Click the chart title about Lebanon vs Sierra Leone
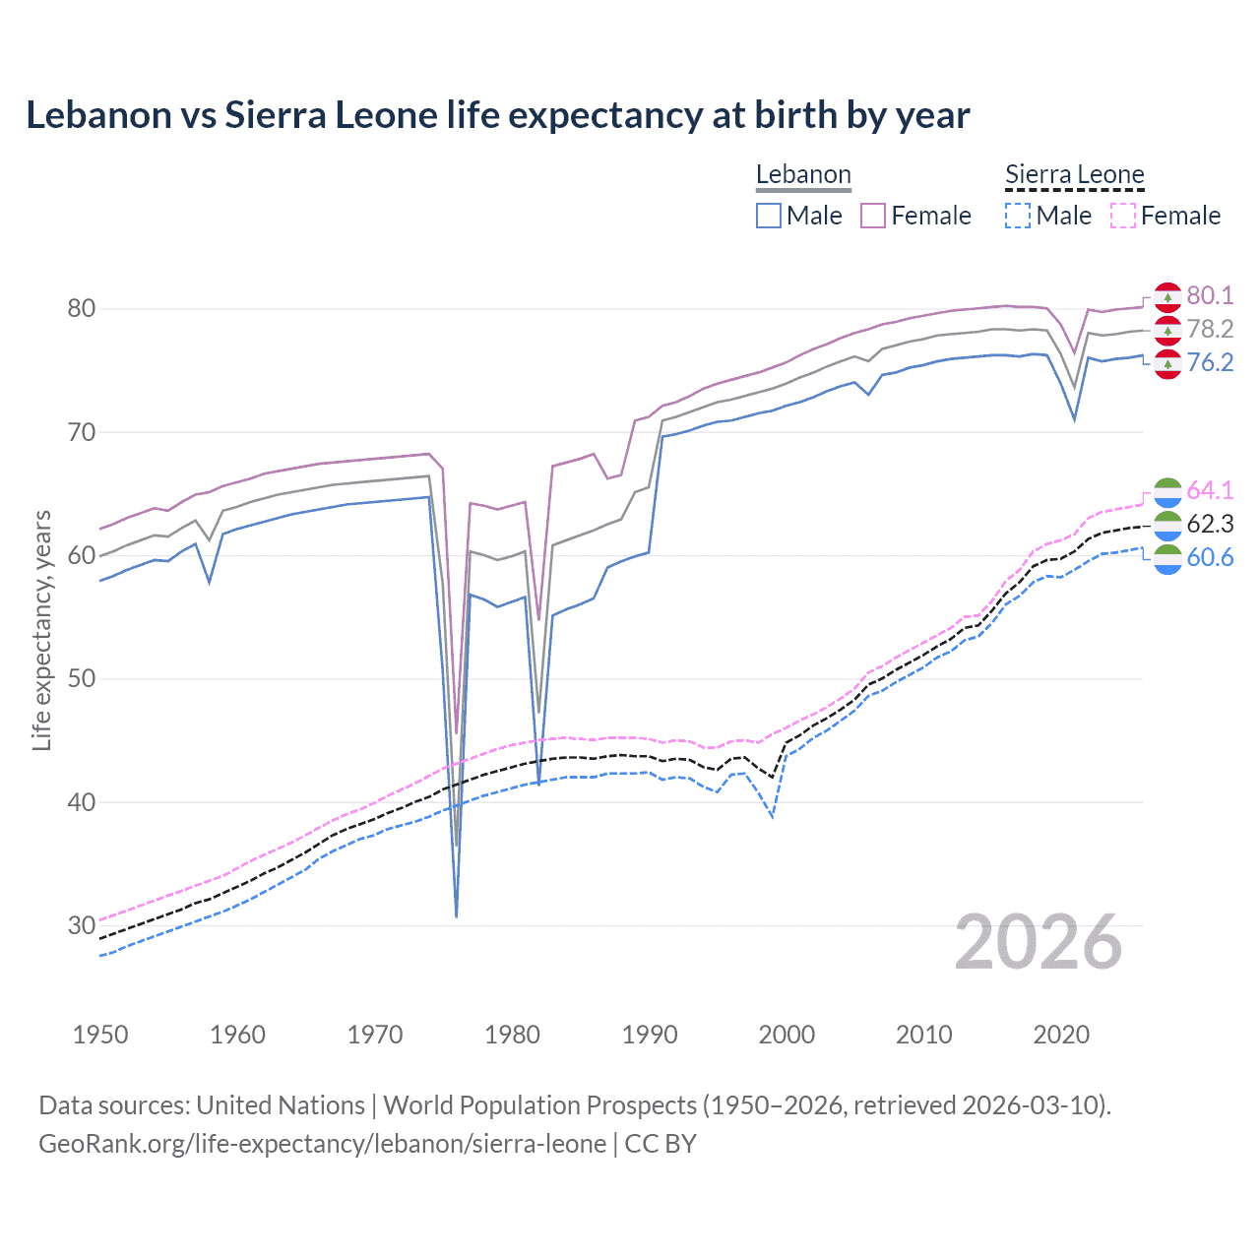[497, 115]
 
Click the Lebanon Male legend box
[769, 216]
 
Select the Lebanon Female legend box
[873, 216]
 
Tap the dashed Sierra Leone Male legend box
[1018, 216]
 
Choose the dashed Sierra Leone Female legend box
[1123, 216]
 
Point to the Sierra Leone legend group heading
[1074, 175]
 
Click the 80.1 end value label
[1210, 295]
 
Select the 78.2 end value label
[1210, 329]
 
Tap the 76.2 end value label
[1210, 362]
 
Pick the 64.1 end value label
[1210, 490]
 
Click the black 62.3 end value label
[1210, 524]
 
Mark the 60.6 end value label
[1210, 557]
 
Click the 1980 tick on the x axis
[513, 1035]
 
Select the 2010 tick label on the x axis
[923, 1035]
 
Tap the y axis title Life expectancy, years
[42, 630]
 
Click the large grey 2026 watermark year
[1039, 942]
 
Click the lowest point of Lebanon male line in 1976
[457, 916]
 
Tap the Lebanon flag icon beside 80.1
[1167, 296]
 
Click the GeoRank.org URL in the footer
[322, 1144]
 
